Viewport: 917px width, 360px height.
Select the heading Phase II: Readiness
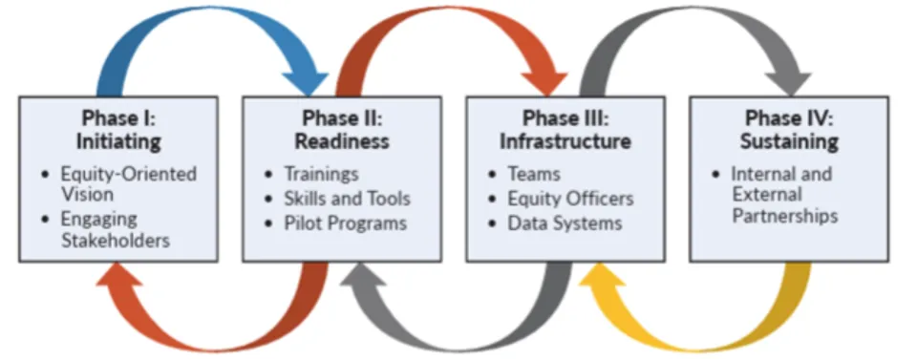click(346, 130)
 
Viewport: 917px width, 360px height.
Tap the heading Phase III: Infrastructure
click(565, 130)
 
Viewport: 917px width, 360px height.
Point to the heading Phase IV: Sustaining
click(791, 130)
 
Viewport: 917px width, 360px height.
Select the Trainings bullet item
click(321, 174)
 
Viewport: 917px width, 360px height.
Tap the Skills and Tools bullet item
click(347, 199)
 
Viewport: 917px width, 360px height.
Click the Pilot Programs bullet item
click(345, 223)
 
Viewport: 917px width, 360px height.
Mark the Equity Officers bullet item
click(570, 199)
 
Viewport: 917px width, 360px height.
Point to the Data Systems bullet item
click(565, 223)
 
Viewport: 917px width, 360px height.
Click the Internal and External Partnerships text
click(785, 195)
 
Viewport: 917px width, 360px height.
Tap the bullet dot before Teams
click(492, 175)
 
